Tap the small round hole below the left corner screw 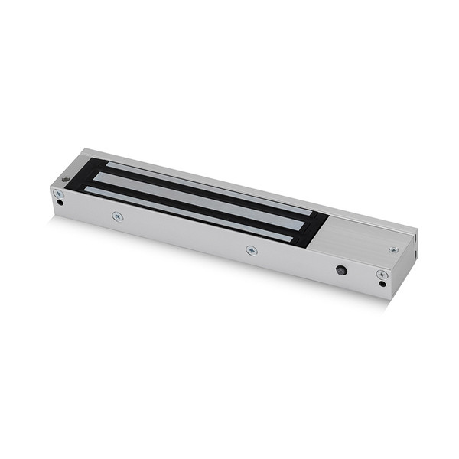pos(60,203)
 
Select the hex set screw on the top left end pos(67,180)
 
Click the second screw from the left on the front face pos(117,216)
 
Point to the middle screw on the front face pos(251,249)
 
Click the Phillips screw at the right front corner pos(381,274)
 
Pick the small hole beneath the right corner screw pos(382,285)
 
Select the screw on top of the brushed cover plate pos(393,249)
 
